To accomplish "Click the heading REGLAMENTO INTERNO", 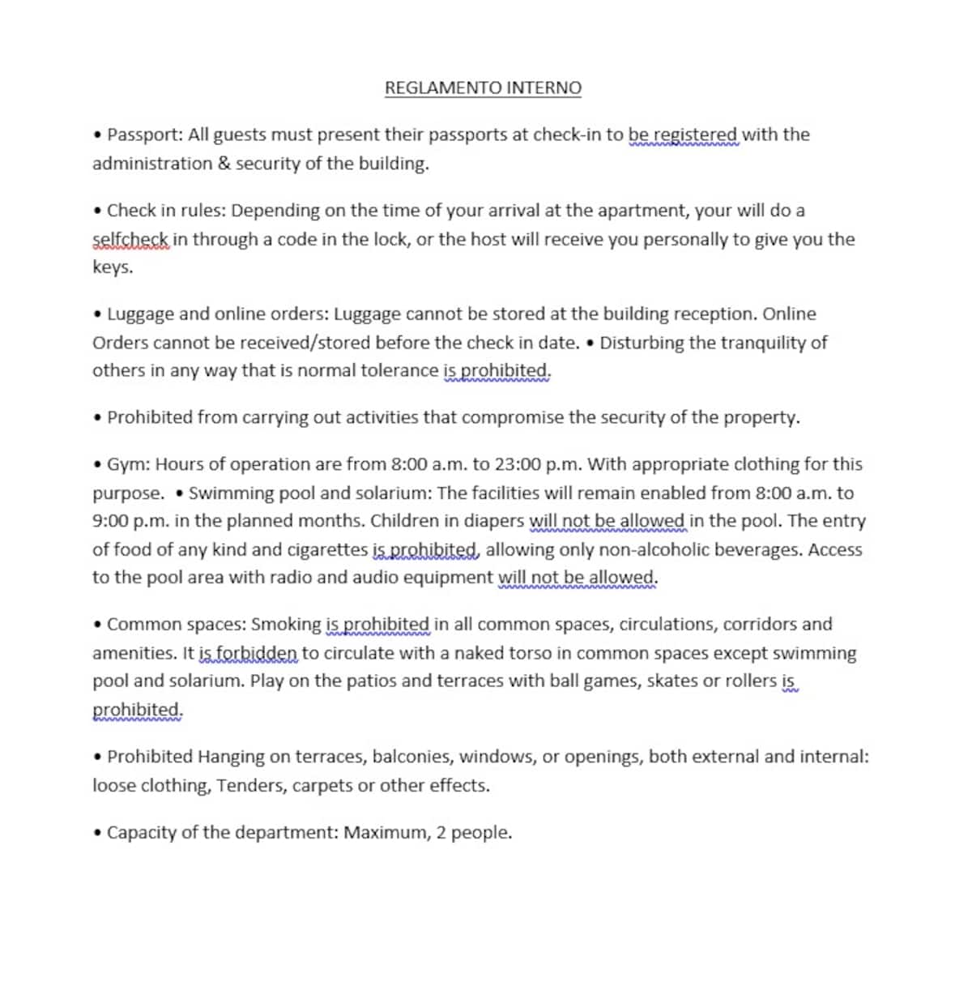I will (x=483, y=88).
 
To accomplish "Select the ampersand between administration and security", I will (x=224, y=164).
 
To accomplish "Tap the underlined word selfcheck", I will (x=130, y=239).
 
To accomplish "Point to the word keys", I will (x=112, y=267).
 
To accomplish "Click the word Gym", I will (x=126, y=464).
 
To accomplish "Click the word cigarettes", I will (x=327, y=549).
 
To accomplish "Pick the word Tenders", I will (x=251, y=786).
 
